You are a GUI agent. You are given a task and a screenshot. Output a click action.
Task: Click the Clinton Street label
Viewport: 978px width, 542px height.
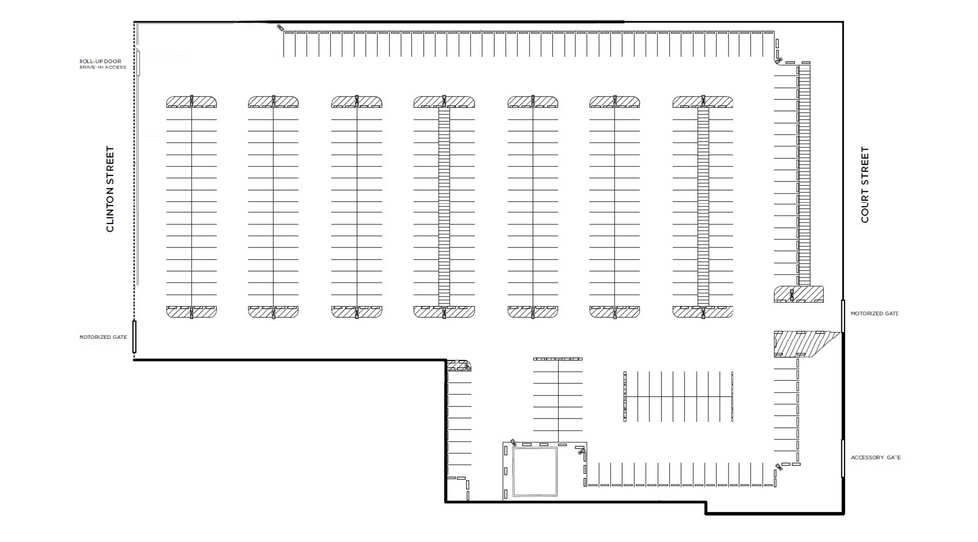[x=112, y=190]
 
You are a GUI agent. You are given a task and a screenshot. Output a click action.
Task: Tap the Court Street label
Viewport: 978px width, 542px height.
[x=865, y=185]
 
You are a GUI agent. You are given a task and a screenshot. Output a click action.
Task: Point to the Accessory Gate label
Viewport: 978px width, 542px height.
[x=876, y=457]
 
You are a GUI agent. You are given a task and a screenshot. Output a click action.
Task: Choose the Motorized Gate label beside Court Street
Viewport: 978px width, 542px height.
[x=875, y=313]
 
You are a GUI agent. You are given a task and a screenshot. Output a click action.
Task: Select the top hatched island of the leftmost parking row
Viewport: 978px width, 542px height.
[x=191, y=101]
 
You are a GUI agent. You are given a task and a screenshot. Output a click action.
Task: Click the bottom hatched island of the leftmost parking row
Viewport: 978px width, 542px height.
[x=191, y=311]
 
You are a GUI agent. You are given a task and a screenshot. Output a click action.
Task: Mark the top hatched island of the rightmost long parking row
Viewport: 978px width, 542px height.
[x=703, y=101]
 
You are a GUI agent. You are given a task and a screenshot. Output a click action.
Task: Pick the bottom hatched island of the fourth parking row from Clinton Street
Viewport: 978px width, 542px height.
[x=443, y=311]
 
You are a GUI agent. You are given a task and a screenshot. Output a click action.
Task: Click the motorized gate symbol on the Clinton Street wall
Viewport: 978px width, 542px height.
[x=135, y=338]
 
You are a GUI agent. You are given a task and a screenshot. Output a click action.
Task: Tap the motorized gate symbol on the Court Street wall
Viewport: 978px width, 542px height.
[x=843, y=317]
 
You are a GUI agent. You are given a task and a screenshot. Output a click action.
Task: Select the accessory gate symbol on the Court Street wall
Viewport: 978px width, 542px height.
[x=843, y=457]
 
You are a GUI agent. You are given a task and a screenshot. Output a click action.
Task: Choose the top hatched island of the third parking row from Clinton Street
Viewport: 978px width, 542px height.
[x=356, y=101]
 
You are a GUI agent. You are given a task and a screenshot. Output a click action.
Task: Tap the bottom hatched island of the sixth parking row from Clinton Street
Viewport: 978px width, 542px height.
[x=615, y=311]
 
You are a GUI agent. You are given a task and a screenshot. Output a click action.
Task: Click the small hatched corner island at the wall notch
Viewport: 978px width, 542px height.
[x=459, y=366]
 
